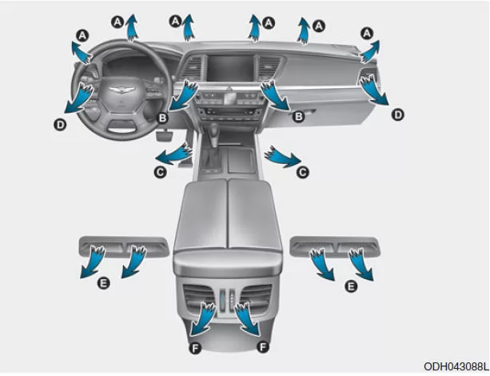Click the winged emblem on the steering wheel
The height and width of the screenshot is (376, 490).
coord(122,90)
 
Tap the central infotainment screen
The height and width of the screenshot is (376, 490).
coord(231,69)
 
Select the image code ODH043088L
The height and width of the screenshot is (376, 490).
coord(456,366)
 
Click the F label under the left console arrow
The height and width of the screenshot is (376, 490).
coord(195,347)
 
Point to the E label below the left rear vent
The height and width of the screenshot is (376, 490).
coord(104,283)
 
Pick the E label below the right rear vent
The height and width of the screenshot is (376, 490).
coord(351,286)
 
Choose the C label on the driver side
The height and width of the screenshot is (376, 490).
coord(161,172)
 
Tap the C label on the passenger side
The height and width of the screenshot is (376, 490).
coord(302,172)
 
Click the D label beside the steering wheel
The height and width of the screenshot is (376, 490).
coord(60,125)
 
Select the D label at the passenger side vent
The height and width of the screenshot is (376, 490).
coord(398,115)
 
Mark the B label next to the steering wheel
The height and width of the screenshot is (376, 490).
coord(162,118)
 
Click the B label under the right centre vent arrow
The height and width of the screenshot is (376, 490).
coord(298,117)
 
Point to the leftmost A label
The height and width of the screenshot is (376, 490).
coord(82,35)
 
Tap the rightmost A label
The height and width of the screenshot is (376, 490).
coord(367,33)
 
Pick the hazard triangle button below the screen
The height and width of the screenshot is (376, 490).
coord(231,89)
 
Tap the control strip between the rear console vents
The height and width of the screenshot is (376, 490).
coord(226,300)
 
